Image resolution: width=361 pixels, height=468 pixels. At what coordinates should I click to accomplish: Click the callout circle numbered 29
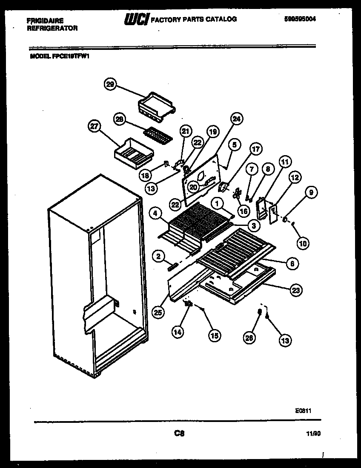click(111, 84)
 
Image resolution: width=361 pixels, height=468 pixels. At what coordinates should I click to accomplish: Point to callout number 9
click(311, 193)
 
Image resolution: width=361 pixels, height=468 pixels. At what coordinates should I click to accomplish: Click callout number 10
click(303, 243)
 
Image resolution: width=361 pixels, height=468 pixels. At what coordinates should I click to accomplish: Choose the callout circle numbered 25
click(158, 312)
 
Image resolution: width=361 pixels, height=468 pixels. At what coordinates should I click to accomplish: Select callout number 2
click(158, 256)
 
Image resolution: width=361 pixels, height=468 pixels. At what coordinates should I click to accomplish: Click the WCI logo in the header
click(136, 19)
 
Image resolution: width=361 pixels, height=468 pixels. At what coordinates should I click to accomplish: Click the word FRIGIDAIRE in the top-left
click(42, 20)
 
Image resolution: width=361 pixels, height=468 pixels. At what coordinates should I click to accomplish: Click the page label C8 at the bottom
click(179, 434)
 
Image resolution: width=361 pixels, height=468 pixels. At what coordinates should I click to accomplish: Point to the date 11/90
click(313, 434)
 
